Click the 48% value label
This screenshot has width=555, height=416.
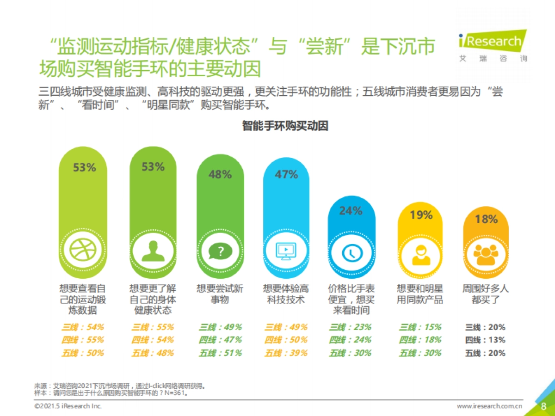coord(220,175)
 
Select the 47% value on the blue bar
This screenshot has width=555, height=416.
coord(286,175)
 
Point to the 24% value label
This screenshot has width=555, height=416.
coord(351,211)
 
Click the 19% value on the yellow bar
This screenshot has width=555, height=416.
coord(421,215)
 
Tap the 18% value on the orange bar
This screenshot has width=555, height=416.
coord(486,219)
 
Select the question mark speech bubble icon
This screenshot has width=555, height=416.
coord(220,251)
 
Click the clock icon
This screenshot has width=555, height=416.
coord(351,252)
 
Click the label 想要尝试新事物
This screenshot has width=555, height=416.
coord(220,294)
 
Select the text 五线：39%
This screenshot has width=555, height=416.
coord(286,353)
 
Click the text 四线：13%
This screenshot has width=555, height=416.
coord(485,340)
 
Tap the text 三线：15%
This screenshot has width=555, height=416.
coord(420,327)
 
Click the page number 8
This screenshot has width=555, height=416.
coord(543,406)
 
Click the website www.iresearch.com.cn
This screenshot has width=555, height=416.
coord(490,406)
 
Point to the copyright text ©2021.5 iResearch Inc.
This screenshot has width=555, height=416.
coord(68,406)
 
